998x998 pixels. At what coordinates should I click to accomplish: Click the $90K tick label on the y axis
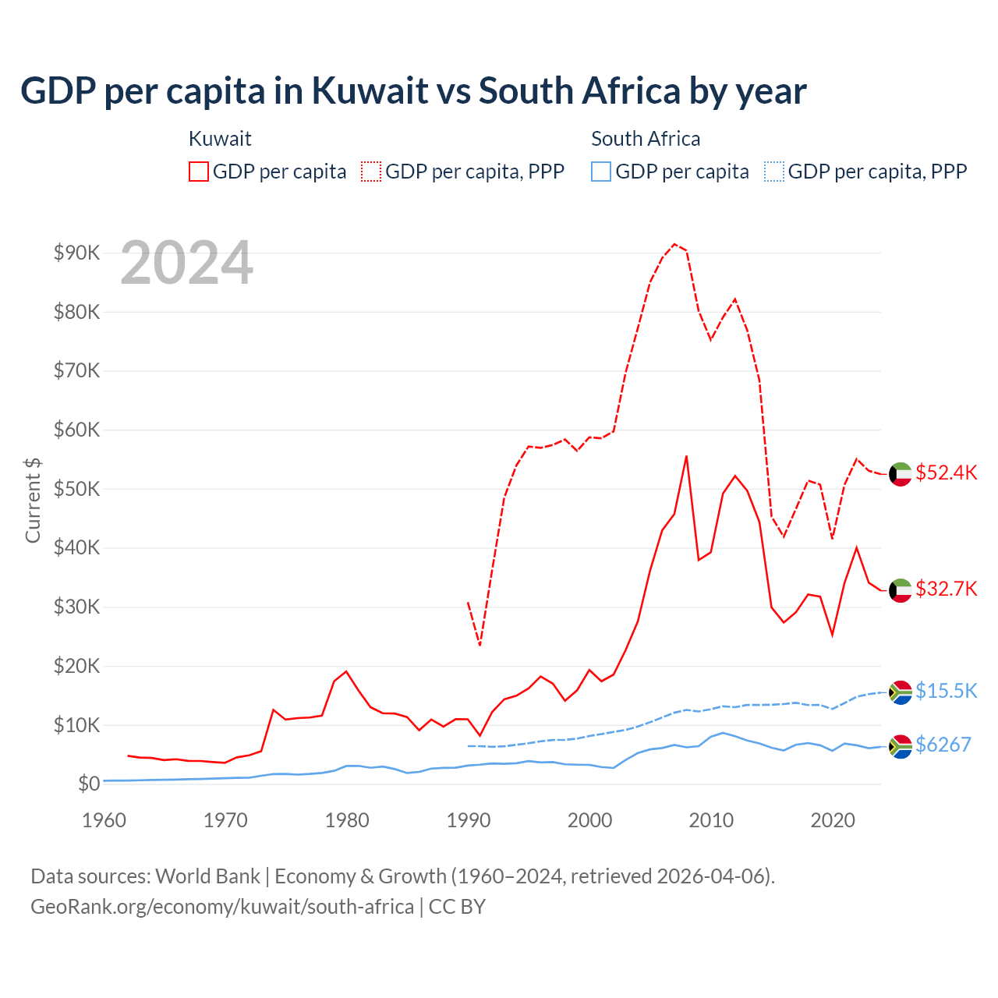click(76, 253)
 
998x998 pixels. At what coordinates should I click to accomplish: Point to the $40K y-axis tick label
click(76, 547)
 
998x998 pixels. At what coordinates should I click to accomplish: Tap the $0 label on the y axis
click(88, 784)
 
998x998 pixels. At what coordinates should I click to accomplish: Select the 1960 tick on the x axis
click(104, 820)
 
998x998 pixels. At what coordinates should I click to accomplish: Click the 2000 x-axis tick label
click(589, 820)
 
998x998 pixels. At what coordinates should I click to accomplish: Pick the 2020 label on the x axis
click(833, 820)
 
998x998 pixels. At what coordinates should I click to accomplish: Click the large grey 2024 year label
click(186, 263)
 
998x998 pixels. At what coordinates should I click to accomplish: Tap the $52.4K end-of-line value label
click(946, 473)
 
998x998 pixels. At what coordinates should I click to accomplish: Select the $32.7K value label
click(946, 589)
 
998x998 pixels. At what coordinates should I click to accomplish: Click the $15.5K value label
click(946, 691)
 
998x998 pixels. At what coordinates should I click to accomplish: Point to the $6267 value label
click(943, 745)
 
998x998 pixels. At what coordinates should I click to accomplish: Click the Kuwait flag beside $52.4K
click(901, 474)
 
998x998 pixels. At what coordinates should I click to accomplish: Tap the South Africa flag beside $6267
click(901, 746)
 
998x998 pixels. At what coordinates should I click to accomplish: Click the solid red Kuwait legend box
click(199, 172)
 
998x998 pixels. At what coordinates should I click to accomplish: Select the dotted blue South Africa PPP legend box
click(774, 172)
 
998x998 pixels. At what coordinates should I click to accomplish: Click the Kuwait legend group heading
click(220, 139)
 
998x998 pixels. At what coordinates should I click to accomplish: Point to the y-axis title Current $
click(33, 500)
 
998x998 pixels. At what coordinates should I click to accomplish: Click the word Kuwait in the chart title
click(370, 91)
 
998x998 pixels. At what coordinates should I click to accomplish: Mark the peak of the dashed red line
click(674, 244)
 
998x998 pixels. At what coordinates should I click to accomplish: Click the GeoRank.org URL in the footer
click(222, 907)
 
